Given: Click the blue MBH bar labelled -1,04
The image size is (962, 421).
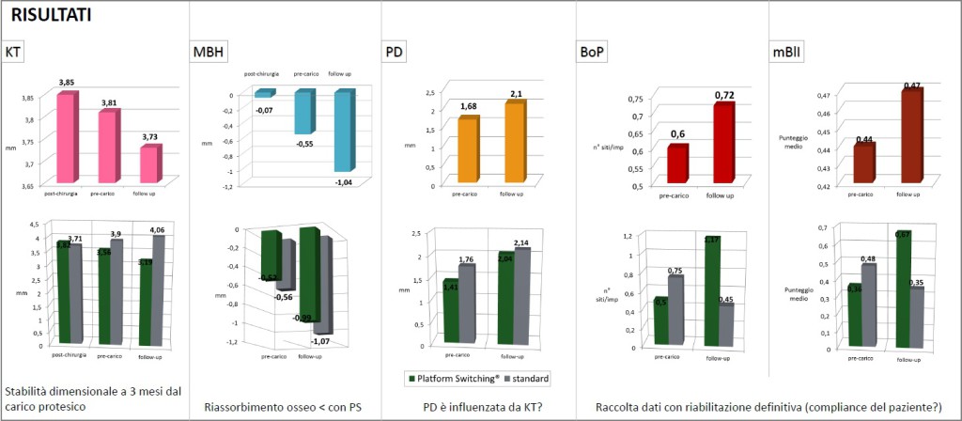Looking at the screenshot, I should [x=344, y=131].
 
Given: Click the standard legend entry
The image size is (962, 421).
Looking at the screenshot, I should [x=528, y=379].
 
